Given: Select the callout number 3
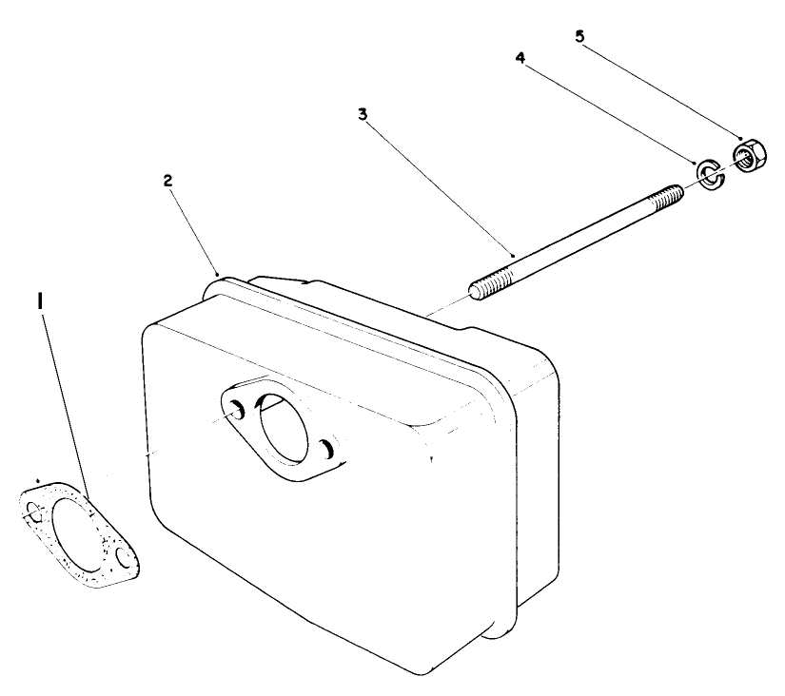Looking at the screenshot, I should pyautogui.click(x=363, y=113).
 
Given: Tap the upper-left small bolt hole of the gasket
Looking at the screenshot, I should pyautogui.click(x=34, y=512).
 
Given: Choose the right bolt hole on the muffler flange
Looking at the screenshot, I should pyautogui.click(x=327, y=449).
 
